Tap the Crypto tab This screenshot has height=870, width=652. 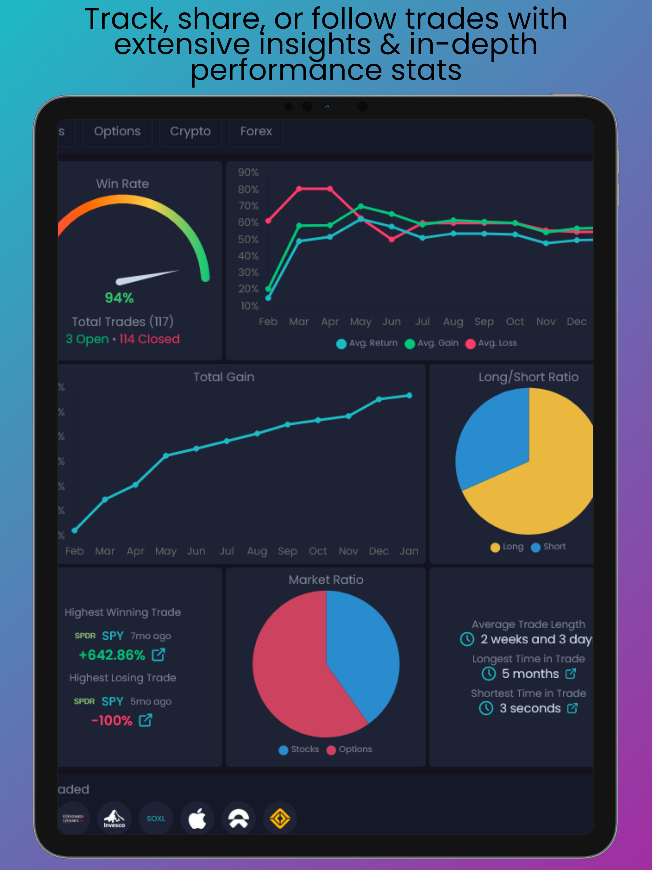[x=190, y=132]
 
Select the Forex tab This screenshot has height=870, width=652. [x=256, y=132]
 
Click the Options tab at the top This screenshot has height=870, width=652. [x=117, y=132]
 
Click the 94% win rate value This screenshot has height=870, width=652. [x=119, y=298]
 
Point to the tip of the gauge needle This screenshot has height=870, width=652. [x=178, y=271]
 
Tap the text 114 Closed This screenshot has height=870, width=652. [x=149, y=339]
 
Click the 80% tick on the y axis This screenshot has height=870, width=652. [x=248, y=189]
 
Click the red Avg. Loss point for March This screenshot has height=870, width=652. [x=299, y=189]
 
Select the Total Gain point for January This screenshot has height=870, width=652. [x=409, y=395]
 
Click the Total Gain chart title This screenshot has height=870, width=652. [x=224, y=377]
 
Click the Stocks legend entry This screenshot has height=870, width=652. [x=299, y=749]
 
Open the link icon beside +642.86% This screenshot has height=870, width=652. [x=159, y=655]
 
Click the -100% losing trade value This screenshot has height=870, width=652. [x=112, y=721]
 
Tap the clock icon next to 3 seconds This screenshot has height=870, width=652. [x=486, y=708]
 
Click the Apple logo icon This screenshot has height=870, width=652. [x=197, y=818]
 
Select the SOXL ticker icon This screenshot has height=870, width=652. [x=156, y=818]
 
